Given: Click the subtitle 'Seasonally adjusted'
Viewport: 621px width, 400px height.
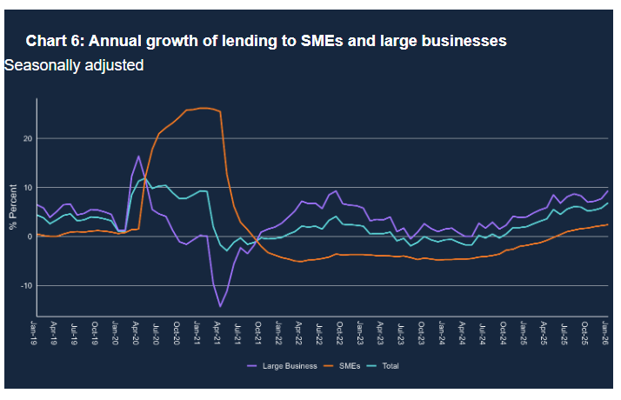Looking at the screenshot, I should point(74,65).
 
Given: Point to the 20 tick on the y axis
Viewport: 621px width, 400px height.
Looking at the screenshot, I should point(28,138).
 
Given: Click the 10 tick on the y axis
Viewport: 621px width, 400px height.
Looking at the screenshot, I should point(28,187).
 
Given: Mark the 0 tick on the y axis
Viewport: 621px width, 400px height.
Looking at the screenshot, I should point(30,237).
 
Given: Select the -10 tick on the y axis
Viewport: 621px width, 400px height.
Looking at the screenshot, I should point(27,285).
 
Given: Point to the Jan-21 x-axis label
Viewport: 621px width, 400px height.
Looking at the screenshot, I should point(199,332).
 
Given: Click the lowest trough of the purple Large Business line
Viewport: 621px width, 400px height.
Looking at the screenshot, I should point(220,306).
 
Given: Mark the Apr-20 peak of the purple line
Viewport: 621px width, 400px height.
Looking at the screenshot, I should point(138,157).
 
